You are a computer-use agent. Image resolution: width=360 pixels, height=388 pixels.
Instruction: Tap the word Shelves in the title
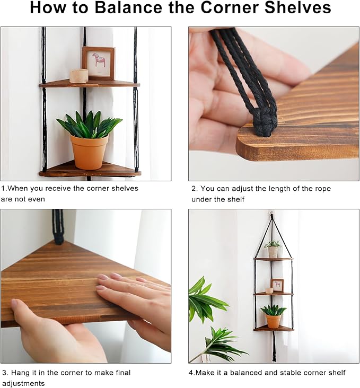(298, 7)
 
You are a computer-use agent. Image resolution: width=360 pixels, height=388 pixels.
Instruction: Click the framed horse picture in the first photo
(99, 63)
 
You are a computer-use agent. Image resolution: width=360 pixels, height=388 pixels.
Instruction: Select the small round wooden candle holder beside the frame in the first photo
(79, 76)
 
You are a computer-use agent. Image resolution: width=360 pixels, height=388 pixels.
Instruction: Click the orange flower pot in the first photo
(89, 152)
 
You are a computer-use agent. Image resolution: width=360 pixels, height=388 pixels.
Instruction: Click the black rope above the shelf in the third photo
(58, 226)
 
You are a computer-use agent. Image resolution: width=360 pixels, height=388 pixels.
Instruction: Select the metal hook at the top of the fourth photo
(272, 213)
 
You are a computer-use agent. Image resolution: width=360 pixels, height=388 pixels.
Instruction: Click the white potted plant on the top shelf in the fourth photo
(273, 249)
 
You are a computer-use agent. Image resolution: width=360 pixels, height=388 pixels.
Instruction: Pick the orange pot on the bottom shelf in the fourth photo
(273, 321)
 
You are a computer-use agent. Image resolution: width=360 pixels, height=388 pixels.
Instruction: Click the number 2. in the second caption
(195, 189)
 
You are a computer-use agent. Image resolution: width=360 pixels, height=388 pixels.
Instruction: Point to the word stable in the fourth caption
(289, 373)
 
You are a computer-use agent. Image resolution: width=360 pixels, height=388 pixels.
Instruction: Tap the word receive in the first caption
(58, 189)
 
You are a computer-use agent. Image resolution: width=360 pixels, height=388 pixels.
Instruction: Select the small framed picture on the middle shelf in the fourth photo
(277, 285)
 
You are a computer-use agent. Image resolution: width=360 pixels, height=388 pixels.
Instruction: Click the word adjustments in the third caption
(23, 384)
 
